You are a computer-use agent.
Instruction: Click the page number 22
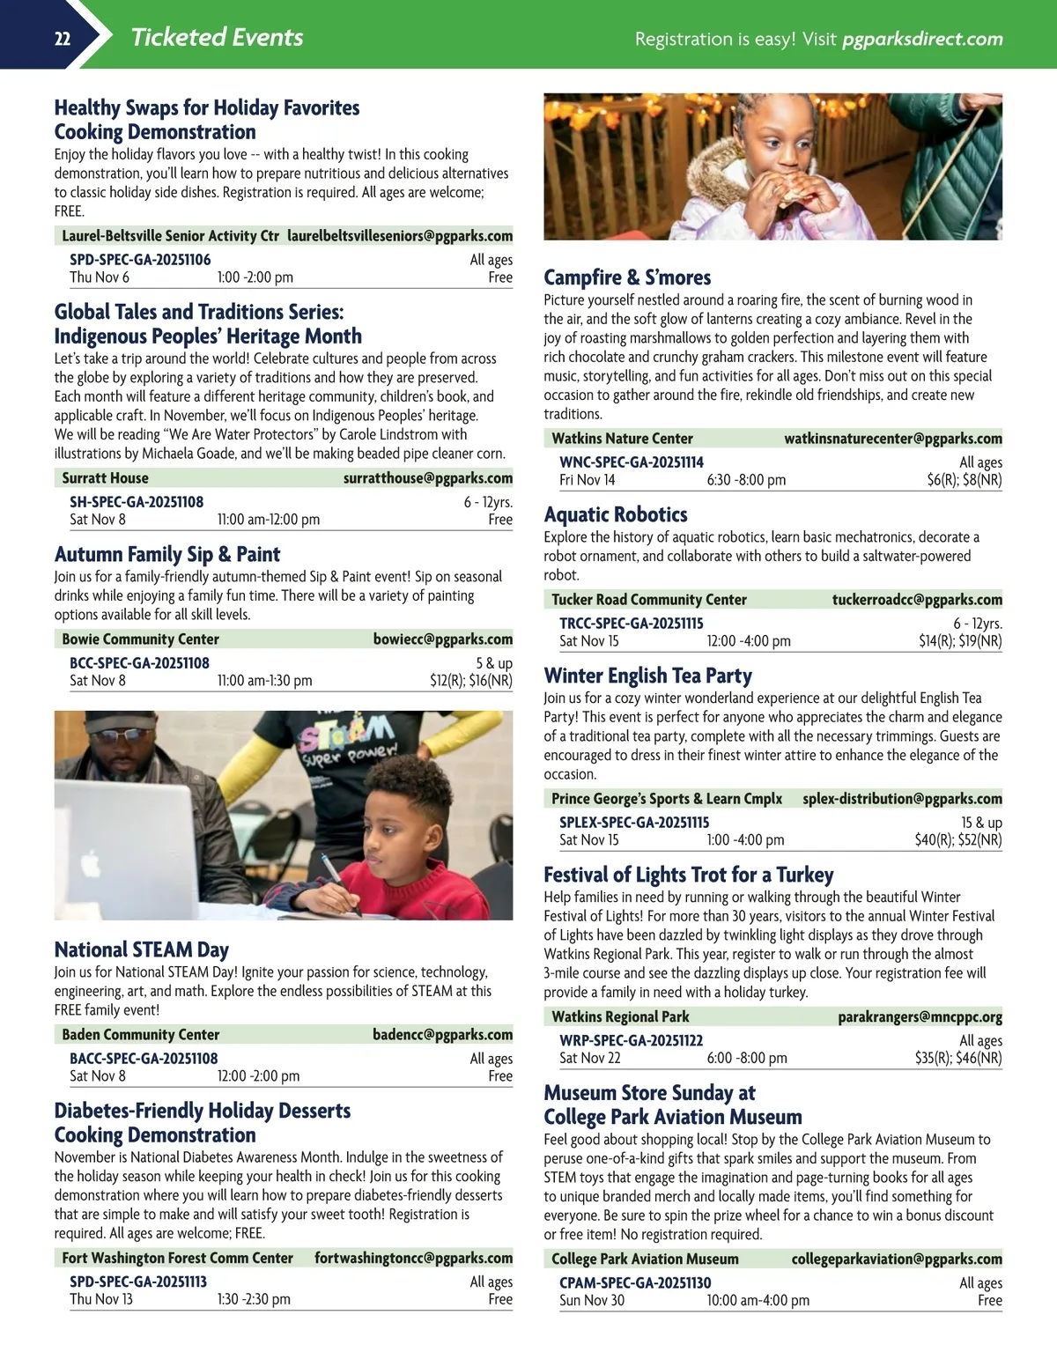click(63, 39)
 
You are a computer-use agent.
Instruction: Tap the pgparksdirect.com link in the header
click(922, 39)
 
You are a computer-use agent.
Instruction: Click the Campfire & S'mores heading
click(627, 277)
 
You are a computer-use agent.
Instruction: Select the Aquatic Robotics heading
click(616, 514)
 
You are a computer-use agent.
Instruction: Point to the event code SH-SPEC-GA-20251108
click(137, 502)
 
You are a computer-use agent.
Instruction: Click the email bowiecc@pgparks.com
click(442, 639)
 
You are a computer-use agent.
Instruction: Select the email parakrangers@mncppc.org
click(920, 1017)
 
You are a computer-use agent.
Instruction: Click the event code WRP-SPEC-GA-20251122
click(631, 1041)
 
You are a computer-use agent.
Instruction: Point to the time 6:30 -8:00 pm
click(746, 480)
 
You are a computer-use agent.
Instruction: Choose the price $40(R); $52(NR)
click(957, 840)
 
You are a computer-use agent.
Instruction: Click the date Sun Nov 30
click(592, 1301)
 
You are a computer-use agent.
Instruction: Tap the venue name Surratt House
click(105, 478)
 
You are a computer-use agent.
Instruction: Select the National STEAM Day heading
click(141, 949)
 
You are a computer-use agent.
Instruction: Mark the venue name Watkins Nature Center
click(622, 439)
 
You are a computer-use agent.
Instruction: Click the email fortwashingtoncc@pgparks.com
click(413, 1259)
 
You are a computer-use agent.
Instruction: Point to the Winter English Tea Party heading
click(647, 676)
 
